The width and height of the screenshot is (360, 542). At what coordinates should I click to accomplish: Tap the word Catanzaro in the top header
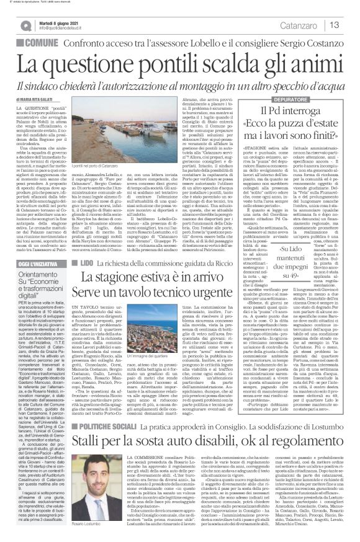[x=308, y=25]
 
